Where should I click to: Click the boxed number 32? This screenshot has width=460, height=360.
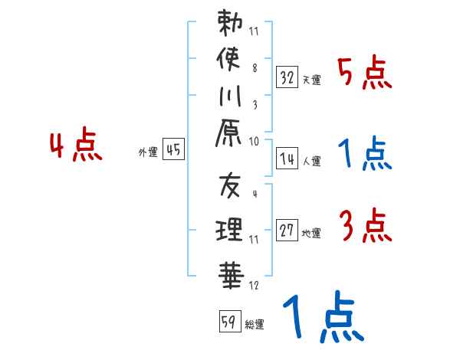287,77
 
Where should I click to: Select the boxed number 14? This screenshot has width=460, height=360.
287,159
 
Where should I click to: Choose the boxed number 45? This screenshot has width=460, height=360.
173,150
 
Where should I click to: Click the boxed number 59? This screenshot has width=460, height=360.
228,322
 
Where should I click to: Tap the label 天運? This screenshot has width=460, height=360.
311,80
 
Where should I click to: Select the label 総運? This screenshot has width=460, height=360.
255,324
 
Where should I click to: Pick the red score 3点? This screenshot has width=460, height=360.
365,227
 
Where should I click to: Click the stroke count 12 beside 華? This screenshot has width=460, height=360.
254,286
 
